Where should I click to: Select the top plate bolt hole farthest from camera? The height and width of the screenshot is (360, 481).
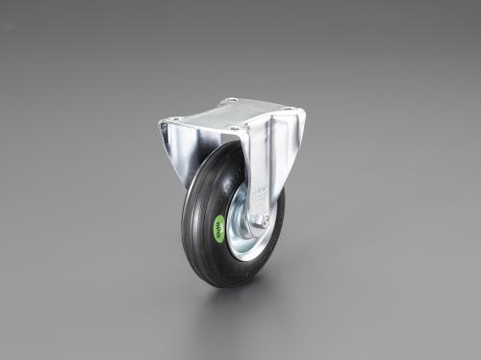click(x=231, y=100)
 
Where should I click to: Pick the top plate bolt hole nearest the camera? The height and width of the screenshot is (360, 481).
click(x=231, y=129)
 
